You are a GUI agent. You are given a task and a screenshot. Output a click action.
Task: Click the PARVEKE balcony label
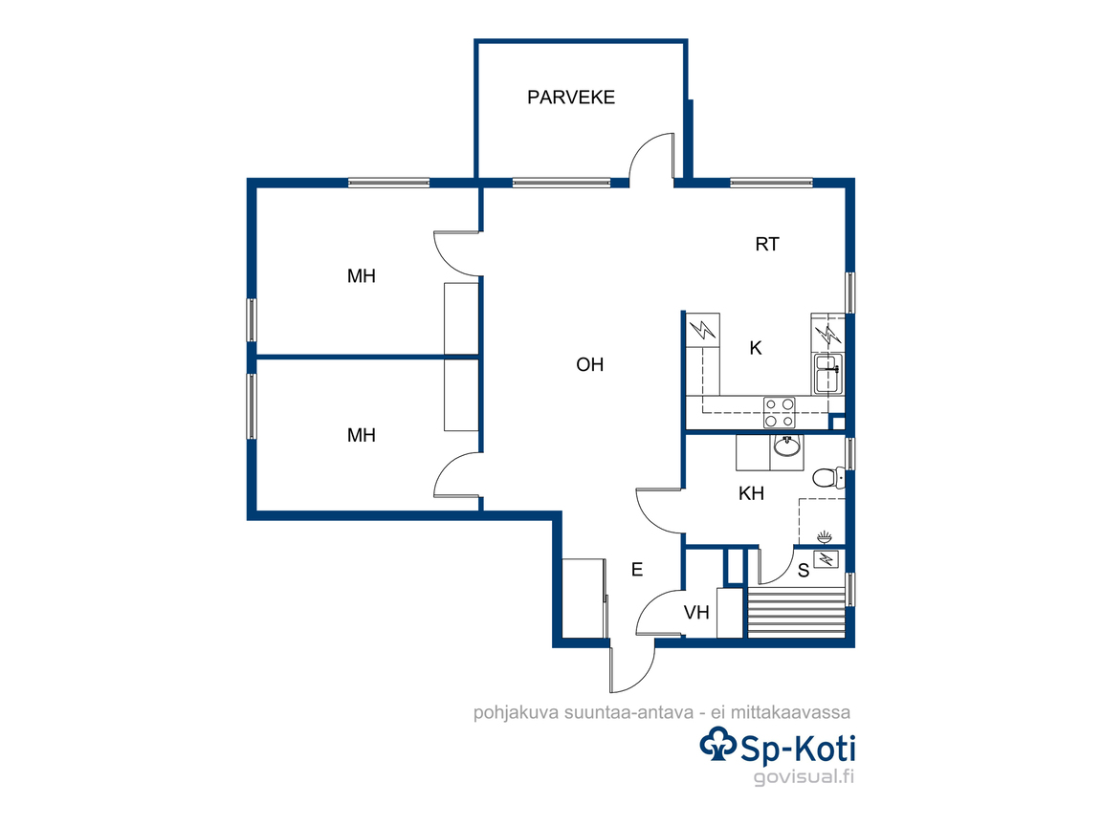click(571, 97)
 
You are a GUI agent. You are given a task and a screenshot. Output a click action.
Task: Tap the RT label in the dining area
click(767, 245)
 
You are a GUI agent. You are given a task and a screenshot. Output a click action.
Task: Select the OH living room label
click(589, 364)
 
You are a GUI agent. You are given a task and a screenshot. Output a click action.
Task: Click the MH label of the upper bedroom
click(362, 276)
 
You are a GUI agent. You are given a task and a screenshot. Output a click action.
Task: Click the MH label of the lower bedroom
click(362, 436)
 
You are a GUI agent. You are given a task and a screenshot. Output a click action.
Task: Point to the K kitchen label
click(756, 348)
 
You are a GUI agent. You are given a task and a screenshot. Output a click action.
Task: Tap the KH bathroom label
click(751, 493)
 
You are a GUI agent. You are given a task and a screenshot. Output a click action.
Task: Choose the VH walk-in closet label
click(696, 613)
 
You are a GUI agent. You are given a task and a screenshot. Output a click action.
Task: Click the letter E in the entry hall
click(637, 570)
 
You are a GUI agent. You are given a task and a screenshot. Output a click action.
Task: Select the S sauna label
click(804, 572)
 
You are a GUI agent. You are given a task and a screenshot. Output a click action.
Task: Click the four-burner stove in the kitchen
click(780, 412)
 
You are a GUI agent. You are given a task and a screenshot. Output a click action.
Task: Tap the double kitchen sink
click(827, 374)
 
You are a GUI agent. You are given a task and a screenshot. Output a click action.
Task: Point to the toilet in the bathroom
click(827, 478)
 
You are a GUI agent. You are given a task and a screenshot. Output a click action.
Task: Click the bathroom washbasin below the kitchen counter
click(787, 446)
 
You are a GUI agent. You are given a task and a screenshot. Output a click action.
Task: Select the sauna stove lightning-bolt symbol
click(826, 559)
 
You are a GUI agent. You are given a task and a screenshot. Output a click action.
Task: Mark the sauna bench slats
click(796, 612)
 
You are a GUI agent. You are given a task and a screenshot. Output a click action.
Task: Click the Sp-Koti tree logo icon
click(717, 745)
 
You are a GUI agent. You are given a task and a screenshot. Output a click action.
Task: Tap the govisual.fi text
click(804, 777)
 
